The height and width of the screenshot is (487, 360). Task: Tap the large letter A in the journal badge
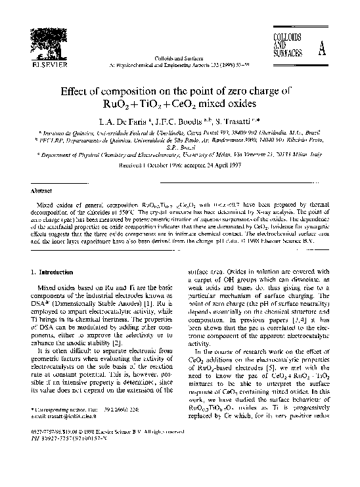point(321,50)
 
